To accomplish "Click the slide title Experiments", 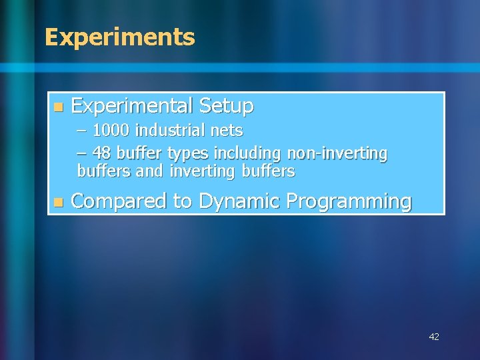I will [119, 37].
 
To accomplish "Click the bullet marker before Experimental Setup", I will [58, 107].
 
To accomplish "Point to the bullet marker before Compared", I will [58, 202].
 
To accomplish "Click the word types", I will [188, 153].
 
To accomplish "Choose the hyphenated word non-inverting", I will [337, 153].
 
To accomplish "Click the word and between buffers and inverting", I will [149, 171].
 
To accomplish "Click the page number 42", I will [434, 337].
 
